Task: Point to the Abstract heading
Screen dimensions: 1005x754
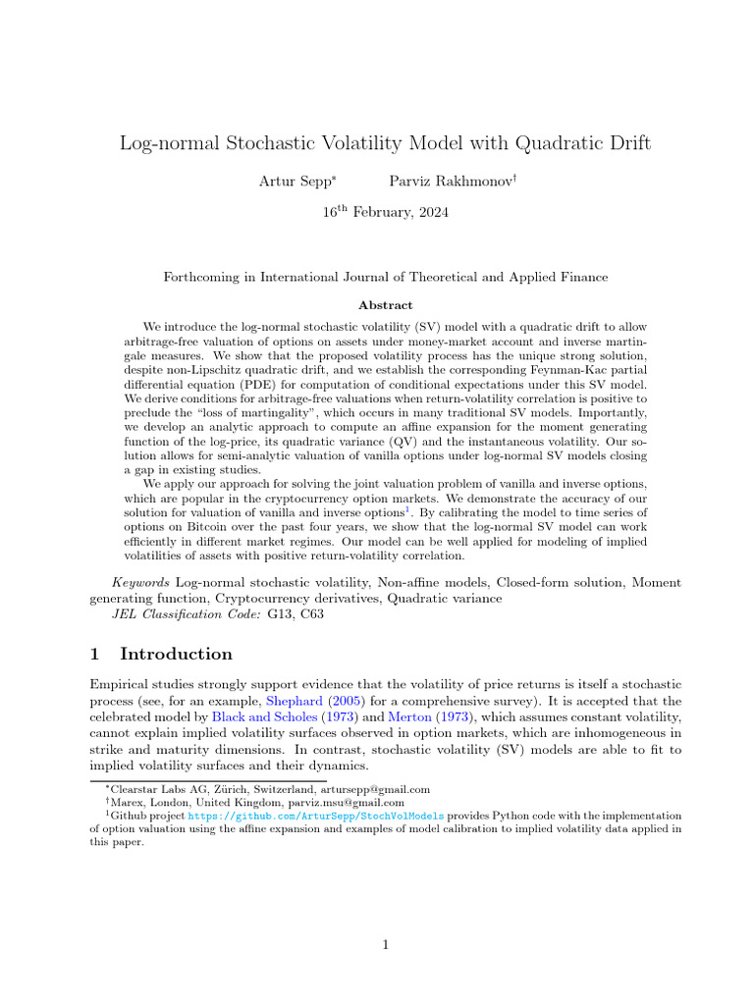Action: (x=385, y=305)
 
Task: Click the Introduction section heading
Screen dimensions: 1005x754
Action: (x=176, y=655)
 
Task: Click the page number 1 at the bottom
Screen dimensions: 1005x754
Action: (x=386, y=945)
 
